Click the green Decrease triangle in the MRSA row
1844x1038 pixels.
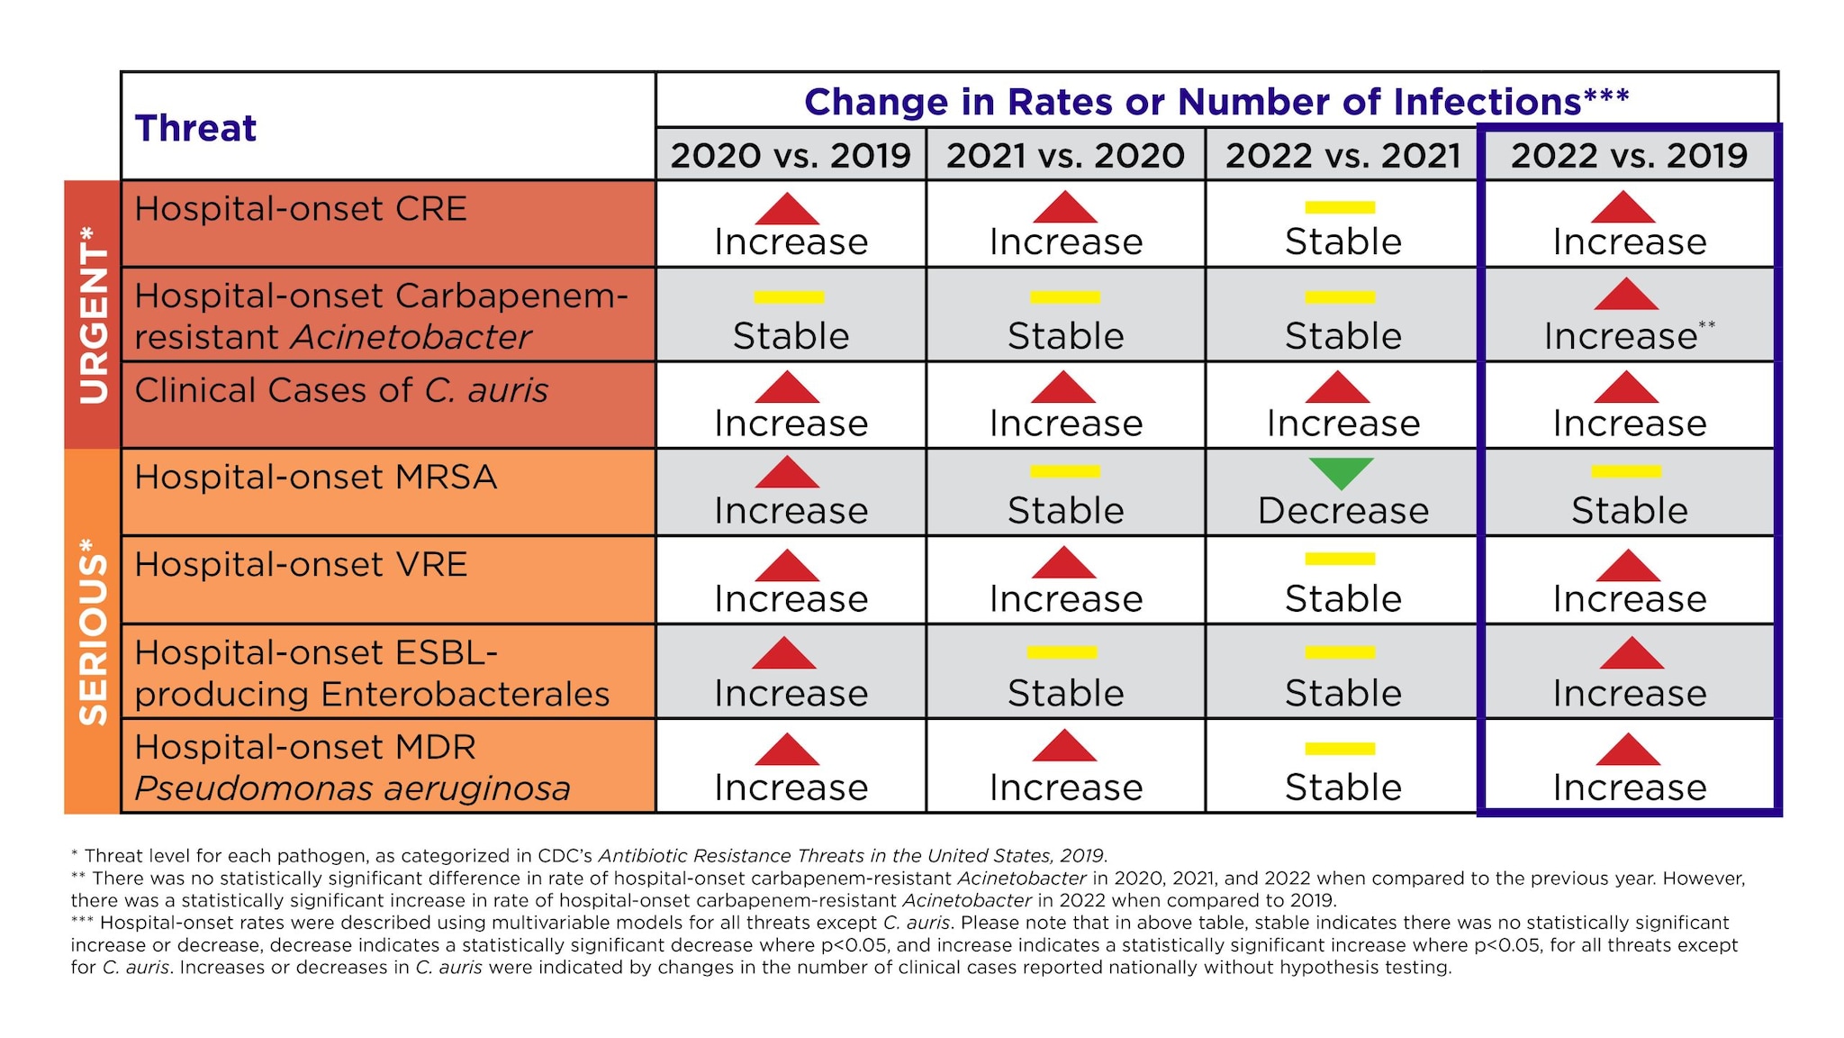pyautogui.click(x=1341, y=471)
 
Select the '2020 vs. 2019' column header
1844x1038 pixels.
pyautogui.click(x=791, y=155)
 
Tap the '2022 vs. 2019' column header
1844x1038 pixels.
pyautogui.click(x=1628, y=155)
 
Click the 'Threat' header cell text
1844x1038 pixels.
pyautogui.click(x=195, y=128)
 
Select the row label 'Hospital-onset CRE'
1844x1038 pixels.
pyautogui.click(x=300, y=209)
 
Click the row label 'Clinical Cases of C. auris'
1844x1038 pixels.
pyautogui.click(x=340, y=390)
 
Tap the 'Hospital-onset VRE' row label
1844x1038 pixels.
pyautogui.click(x=300, y=565)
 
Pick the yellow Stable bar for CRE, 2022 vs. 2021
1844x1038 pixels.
pyautogui.click(x=1340, y=207)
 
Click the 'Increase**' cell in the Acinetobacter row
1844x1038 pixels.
pyautogui.click(x=1628, y=335)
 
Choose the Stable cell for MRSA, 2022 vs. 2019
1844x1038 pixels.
pyautogui.click(x=1628, y=510)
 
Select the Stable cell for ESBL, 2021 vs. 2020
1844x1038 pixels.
pyautogui.click(x=1065, y=692)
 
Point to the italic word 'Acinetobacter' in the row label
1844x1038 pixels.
pyautogui.click(x=411, y=337)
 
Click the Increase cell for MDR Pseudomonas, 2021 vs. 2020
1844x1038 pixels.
pyautogui.click(x=1065, y=787)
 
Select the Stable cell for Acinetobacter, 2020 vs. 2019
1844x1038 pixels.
pyautogui.click(x=791, y=335)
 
